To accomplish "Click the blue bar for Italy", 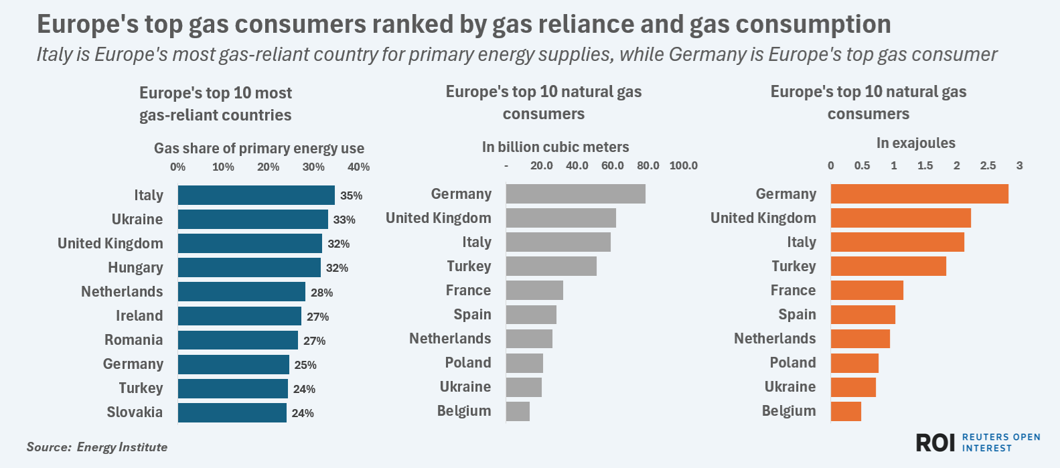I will [256, 196].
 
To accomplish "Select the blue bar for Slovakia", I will [232, 412].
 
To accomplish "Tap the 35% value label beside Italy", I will [351, 196].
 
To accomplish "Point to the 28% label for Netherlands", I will [321, 293].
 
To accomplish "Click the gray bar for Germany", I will [575, 194].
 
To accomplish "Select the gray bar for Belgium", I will [518, 411].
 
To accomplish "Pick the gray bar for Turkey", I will [551, 266].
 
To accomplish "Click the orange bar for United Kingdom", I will [901, 218].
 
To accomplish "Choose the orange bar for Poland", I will [854, 363].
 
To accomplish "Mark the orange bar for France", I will [866, 291].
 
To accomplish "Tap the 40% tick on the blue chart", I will [358, 167].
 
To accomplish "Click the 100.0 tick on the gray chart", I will [683, 165].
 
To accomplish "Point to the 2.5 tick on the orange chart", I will [988, 165].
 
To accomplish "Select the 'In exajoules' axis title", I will [915, 143].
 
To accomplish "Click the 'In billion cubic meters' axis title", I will [555, 147].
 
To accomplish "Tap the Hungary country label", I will [135, 268].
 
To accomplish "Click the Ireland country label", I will [139, 316].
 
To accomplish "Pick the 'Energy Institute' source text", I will [122, 447].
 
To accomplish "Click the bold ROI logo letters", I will [935, 443].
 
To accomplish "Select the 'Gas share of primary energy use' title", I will [259, 148].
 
